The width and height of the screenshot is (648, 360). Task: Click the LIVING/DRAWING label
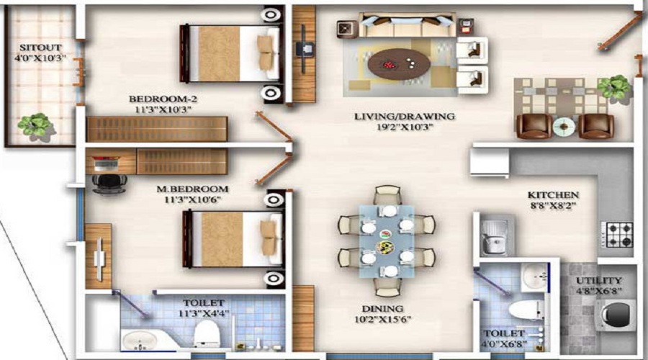click(404, 116)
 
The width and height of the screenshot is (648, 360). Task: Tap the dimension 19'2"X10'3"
click(404, 127)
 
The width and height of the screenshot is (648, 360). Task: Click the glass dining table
click(387, 241)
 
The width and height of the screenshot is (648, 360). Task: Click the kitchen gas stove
click(617, 233)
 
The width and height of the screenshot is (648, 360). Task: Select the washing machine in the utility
click(614, 318)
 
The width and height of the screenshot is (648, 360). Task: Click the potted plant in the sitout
click(34, 125)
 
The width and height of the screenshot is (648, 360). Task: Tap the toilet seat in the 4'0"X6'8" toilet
click(526, 310)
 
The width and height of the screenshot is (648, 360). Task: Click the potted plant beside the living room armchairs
click(614, 87)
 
